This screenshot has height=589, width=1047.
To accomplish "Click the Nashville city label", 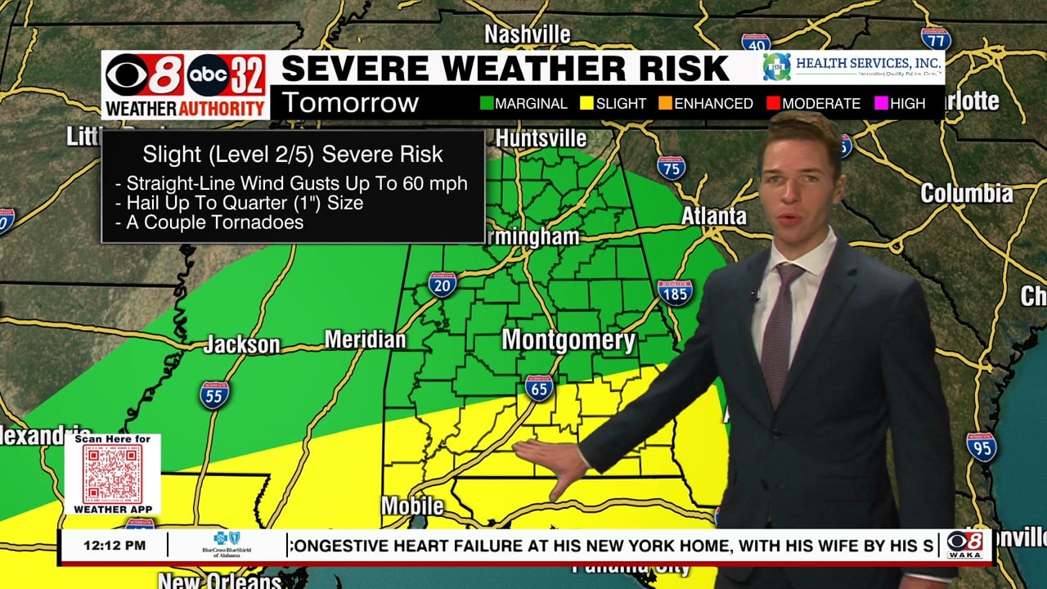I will pyautogui.click(x=527, y=34).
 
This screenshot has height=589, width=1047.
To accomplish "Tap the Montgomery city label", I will pyautogui.click(x=568, y=340).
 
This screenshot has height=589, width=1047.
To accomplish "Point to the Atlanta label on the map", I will pyautogui.click(x=714, y=216).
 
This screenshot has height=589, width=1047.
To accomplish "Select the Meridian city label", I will pyautogui.click(x=365, y=339).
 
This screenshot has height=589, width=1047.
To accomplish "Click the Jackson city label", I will pyautogui.click(x=241, y=344).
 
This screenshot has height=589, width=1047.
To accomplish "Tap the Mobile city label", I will pyautogui.click(x=412, y=506).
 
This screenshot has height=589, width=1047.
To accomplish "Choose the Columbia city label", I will pyautogui.click(x=966, y=194).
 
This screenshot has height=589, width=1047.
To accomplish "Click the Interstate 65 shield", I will pyautogui.click(x=539, y=388).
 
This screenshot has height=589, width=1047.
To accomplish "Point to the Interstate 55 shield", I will pyautogui.click(x=214, y=395).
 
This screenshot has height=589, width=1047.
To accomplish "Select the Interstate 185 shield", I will pyautogui.click(x=675, y=292).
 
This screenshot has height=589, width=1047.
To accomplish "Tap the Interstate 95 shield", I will pyautogui.click(x=981, y=447).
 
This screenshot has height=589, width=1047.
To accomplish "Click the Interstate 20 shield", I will pyautogui.click(x=442, y=284).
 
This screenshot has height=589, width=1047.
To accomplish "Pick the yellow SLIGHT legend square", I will pyautogui.click(x=586, y=104).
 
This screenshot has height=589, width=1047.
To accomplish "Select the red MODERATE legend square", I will pyautogui.click(x=773, y=104).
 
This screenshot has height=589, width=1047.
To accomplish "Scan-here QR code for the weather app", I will pyautogui.click(x=113, y=474).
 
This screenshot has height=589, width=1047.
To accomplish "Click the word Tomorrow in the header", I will pyautogui.click(x=350, y=103).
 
